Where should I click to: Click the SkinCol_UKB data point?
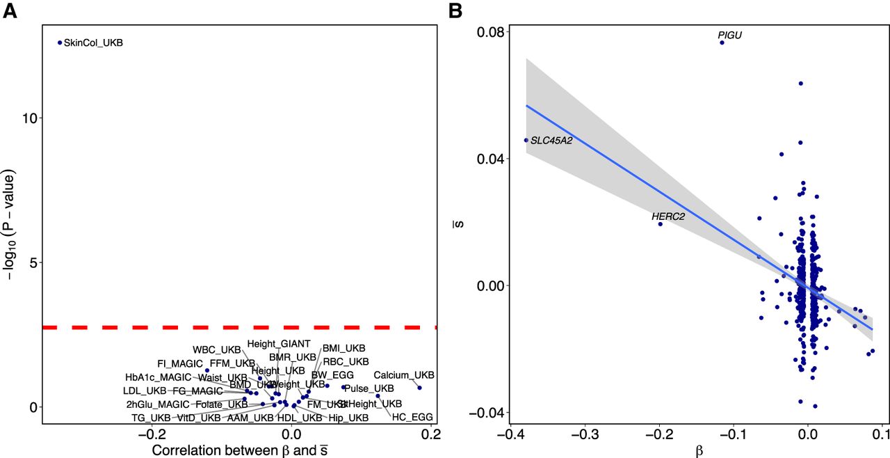coord(60,42)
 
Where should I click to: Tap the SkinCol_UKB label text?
coord(93,43)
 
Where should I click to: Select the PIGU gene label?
coord(730,35)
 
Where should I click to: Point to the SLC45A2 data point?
coord(526,140)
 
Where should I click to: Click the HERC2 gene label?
coord(668,216)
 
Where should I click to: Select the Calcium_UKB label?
coord(404,375)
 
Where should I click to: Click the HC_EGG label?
coord(412,417)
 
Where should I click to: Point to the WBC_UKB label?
coord(216,349)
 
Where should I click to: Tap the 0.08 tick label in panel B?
coord(489,31)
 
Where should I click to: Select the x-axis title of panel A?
coord(240,450)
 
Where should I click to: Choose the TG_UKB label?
coord(151,418)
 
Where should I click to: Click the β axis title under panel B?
coord(699,450)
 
